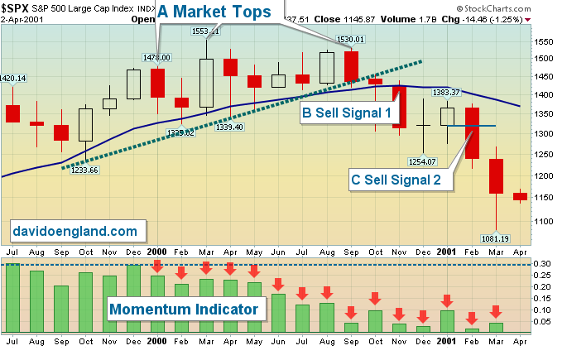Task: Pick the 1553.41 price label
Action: point(205,31)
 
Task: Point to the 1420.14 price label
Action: point(15,79)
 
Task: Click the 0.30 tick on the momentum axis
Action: point(542,263)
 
